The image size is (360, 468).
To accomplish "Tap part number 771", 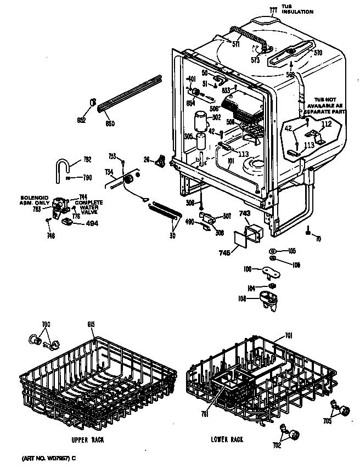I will [x=273, y=9].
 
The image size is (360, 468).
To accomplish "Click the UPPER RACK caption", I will [x=87, y=440].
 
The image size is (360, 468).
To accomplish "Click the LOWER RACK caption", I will [x=227, y=439].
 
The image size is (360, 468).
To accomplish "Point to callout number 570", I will [x=317, y=53].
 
